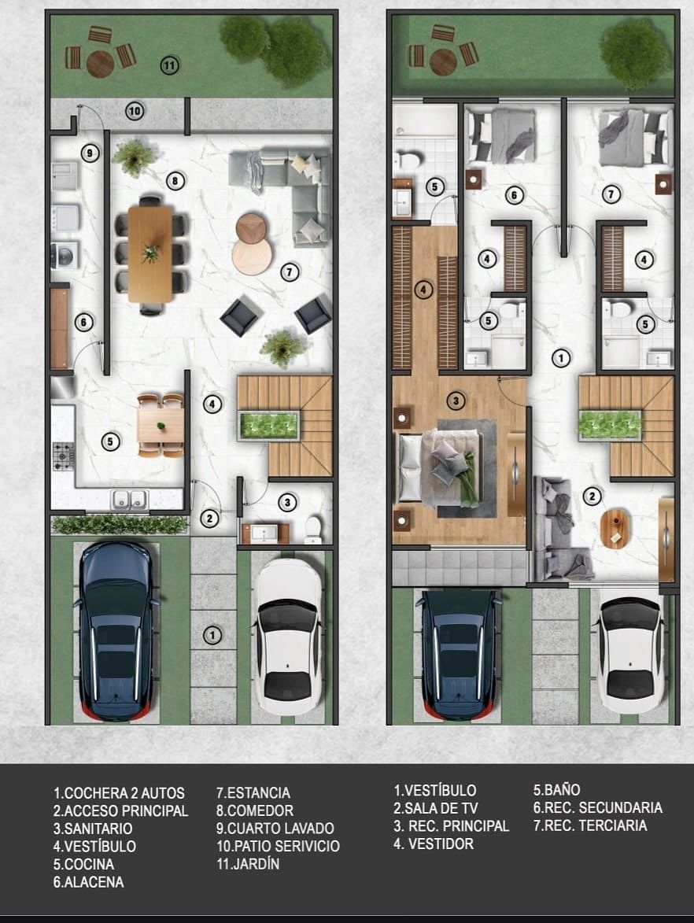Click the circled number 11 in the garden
tap(169, 65)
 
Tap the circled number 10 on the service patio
tap(135, 111)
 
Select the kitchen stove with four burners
tap(64, 456)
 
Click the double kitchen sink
tap(130, 499)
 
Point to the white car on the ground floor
tap(290, 636)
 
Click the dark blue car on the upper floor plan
tap(459, 653)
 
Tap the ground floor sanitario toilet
tap(313, 530)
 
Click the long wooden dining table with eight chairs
tap(151, 253)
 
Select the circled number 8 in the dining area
tap(175, 181)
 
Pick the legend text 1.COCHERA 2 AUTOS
tap(119, 793)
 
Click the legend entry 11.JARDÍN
tap(248, 864)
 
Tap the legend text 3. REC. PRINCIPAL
tap(451, 826)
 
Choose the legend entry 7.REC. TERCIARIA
tap(590, 825)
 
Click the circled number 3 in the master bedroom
tap(456, 401)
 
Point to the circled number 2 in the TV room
tap(592, 497)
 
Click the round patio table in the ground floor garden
tap(100, 64)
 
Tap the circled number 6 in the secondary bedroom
tap(515, 195)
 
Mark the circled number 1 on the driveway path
tap(212, 635)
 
